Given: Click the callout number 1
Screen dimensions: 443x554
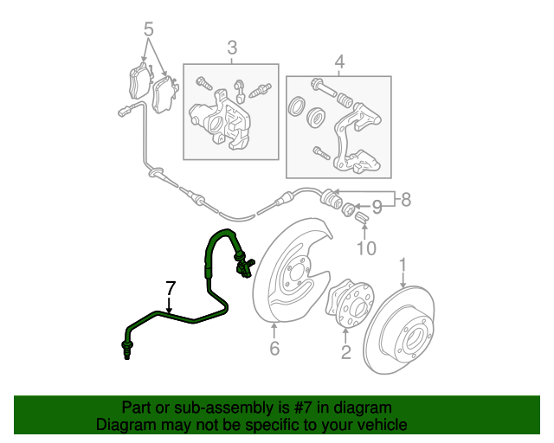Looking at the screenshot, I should (403, 263).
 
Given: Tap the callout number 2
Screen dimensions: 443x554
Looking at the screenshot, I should (345, 352).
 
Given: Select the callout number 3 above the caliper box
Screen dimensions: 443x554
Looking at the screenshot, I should (232, 48).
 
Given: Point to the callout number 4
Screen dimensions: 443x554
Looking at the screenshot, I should (339, 61).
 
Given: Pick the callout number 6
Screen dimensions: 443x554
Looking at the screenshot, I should (274, 349).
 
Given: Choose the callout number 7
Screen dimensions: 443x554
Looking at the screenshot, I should (171, 287).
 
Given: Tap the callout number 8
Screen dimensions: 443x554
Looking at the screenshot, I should (405, 200).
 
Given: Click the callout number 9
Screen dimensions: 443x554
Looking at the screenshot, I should (376, 208).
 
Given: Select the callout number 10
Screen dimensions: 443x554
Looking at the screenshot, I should (366, 249).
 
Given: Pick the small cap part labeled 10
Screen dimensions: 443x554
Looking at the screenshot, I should (363, 226).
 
